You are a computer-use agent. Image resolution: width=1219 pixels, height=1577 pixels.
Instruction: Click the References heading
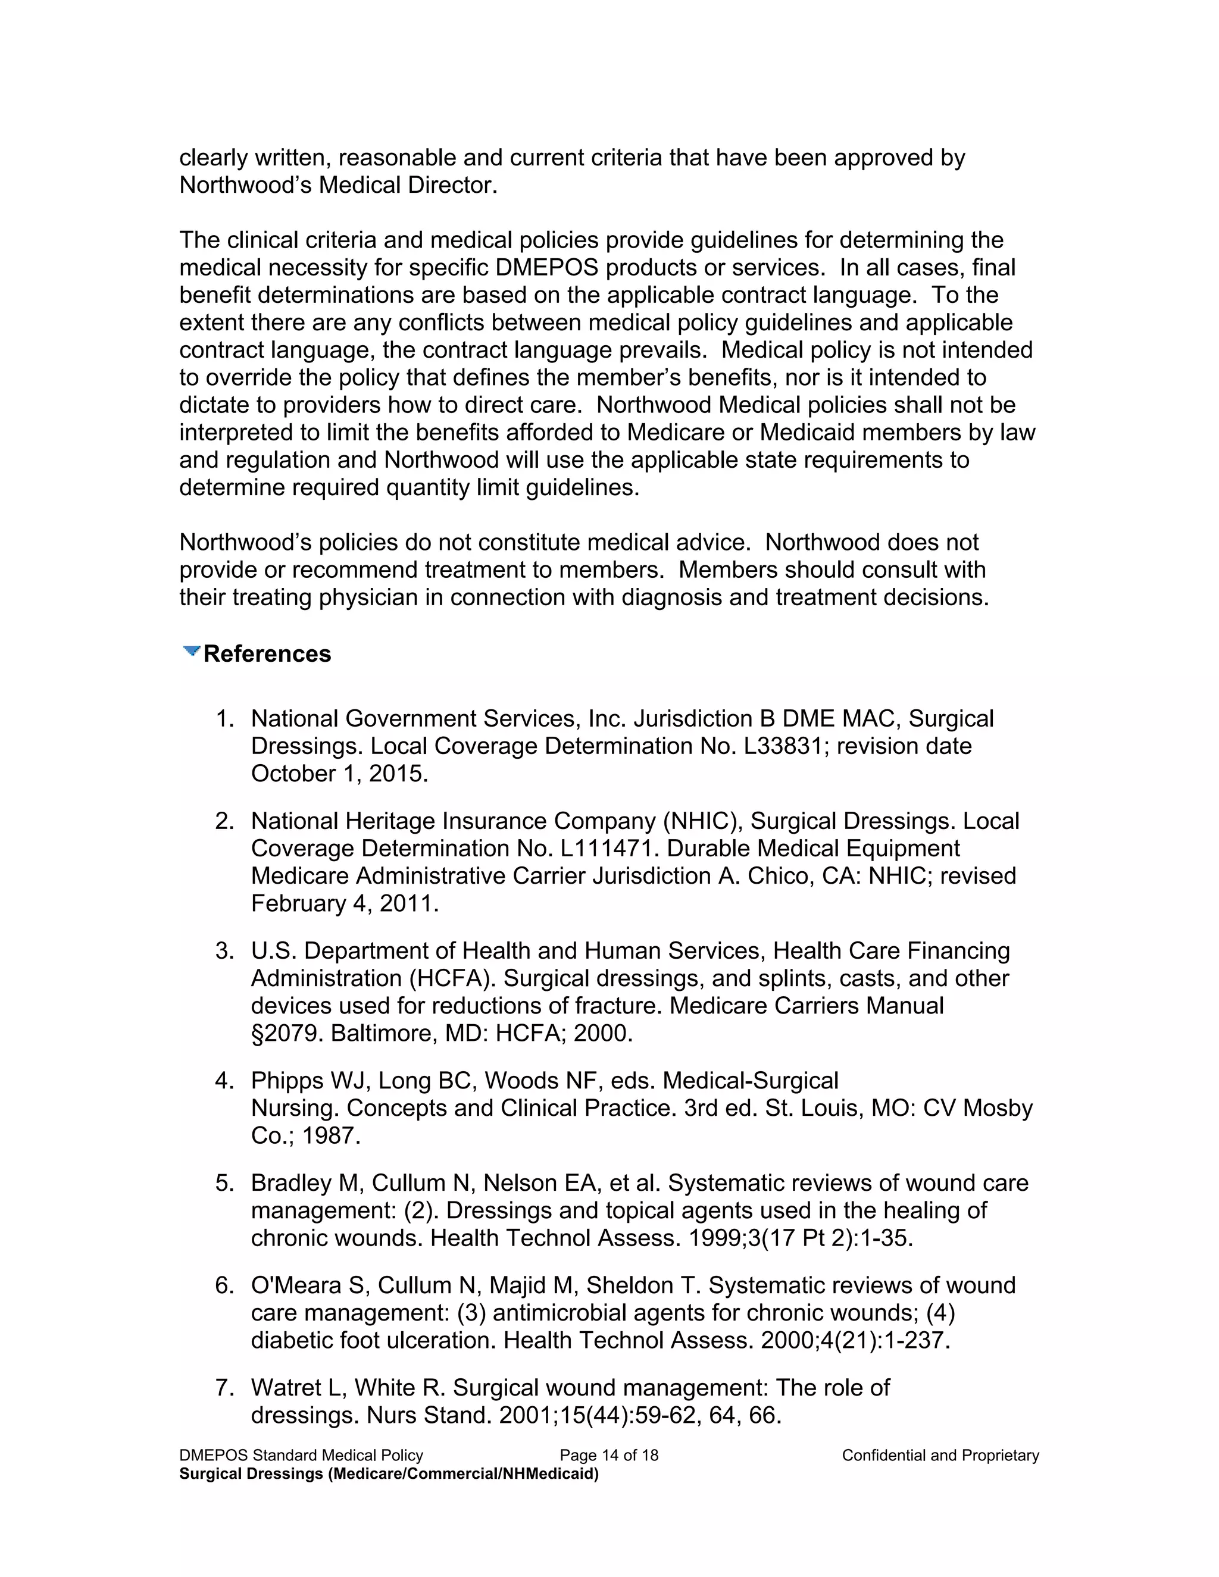[267, 653]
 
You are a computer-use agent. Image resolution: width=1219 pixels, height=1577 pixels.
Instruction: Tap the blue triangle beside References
[192, 651]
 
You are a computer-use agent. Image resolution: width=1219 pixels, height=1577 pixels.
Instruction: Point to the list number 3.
[224, 951]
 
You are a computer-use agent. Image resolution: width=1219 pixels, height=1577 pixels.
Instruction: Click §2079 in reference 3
[287, 1033]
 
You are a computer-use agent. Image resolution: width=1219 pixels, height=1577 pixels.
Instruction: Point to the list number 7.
[224, 1388]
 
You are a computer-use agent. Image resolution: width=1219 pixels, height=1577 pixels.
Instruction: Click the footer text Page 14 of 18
[609, 1456]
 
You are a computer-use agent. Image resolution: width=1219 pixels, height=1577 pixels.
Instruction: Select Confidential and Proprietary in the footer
[940, 1456]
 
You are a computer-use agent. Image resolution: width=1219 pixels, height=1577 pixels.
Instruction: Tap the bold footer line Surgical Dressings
[389, 1473]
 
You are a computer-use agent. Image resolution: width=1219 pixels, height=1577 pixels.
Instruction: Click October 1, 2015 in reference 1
[339, 774]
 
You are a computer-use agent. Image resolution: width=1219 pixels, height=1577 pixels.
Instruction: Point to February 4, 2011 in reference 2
[344, 903]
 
